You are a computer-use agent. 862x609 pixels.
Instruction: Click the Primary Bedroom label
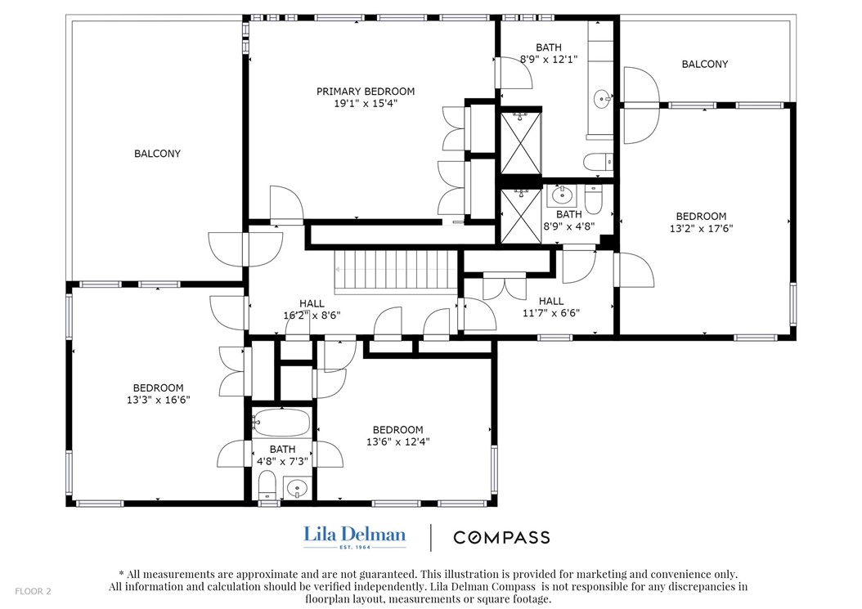(x=366, y=92)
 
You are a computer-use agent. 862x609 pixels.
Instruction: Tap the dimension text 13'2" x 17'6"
(x=701, y=229)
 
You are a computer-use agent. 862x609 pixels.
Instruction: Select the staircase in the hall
(x=396, y=269)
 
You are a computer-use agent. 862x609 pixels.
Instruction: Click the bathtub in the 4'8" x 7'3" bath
(x=281, y=423)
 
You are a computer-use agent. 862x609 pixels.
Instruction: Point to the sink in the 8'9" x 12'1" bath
(x=604, y=100)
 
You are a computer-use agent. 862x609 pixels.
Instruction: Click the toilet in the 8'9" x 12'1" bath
(x=598, y=162)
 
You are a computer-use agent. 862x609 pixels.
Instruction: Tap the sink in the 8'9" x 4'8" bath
(x=562, y=195)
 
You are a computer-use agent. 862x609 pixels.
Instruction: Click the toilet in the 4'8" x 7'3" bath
(x=267, y=487)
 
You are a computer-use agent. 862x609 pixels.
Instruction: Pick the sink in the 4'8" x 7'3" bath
(x=296, y=489)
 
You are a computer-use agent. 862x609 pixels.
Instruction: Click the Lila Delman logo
(x=355, y=535)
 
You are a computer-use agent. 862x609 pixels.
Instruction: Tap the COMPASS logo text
(x=501, y=537)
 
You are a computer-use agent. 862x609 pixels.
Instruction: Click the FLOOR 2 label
(x=32, y=591)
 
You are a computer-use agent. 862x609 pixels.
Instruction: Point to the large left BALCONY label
(x=157, y=154)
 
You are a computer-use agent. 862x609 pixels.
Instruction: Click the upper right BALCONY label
(x=704, y=65)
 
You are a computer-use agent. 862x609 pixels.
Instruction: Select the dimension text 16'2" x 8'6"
(x=312, y=315)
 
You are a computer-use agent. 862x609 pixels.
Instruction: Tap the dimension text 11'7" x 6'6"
(x=551, y=312)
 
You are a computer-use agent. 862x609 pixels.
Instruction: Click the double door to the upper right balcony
(x=641, y=105)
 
